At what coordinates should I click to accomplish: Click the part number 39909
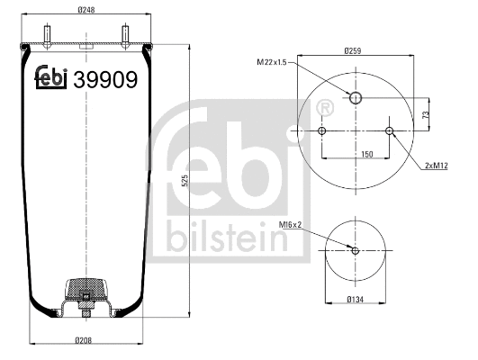tap(105, 80)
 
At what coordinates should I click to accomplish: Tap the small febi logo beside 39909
tap(51, 79)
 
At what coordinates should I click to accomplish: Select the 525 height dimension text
tap(184, 180)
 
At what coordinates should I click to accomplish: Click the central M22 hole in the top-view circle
tap(356, 98)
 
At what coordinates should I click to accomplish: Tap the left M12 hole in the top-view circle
tap(321, 132)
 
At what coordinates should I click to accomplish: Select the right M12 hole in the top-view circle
tap(389, 132)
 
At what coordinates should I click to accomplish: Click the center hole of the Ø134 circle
tap(355, 251)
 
